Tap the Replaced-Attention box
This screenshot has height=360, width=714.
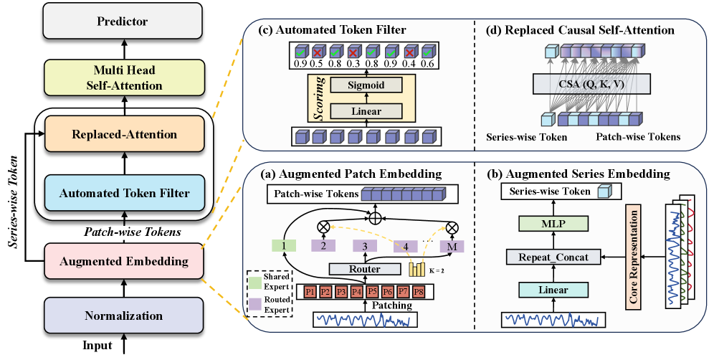(125, 134)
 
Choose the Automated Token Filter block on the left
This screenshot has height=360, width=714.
(125, 192)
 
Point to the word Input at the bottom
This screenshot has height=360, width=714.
(97, 346)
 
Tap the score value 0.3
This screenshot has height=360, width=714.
(353, 64)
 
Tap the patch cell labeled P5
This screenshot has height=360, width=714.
(372, 292)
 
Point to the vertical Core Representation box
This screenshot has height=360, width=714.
(632, 255)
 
